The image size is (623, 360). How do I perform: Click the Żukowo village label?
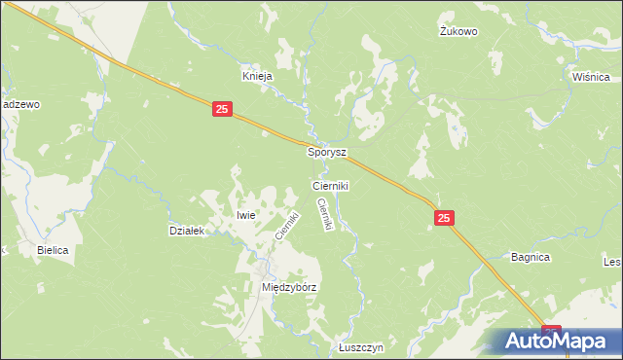[458, 31]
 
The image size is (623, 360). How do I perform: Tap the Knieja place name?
[257, 75]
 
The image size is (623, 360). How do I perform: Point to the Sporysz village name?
[327, 153]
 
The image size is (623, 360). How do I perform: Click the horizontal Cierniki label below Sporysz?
[330, 185]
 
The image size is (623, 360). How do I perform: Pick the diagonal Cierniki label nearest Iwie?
[286, 226]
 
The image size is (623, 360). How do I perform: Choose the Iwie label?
[245, 215]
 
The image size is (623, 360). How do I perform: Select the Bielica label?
[53, 250]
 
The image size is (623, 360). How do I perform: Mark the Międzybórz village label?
[290, 288]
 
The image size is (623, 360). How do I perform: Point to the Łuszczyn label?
[362, 347]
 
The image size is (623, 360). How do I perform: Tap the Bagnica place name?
[531, 257]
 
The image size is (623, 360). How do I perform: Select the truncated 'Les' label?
[612, 262]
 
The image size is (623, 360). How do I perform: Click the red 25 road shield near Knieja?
[222, 111]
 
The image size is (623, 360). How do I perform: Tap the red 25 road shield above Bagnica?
[444, 221]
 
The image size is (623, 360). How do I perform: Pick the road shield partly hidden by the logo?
[552, 331]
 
